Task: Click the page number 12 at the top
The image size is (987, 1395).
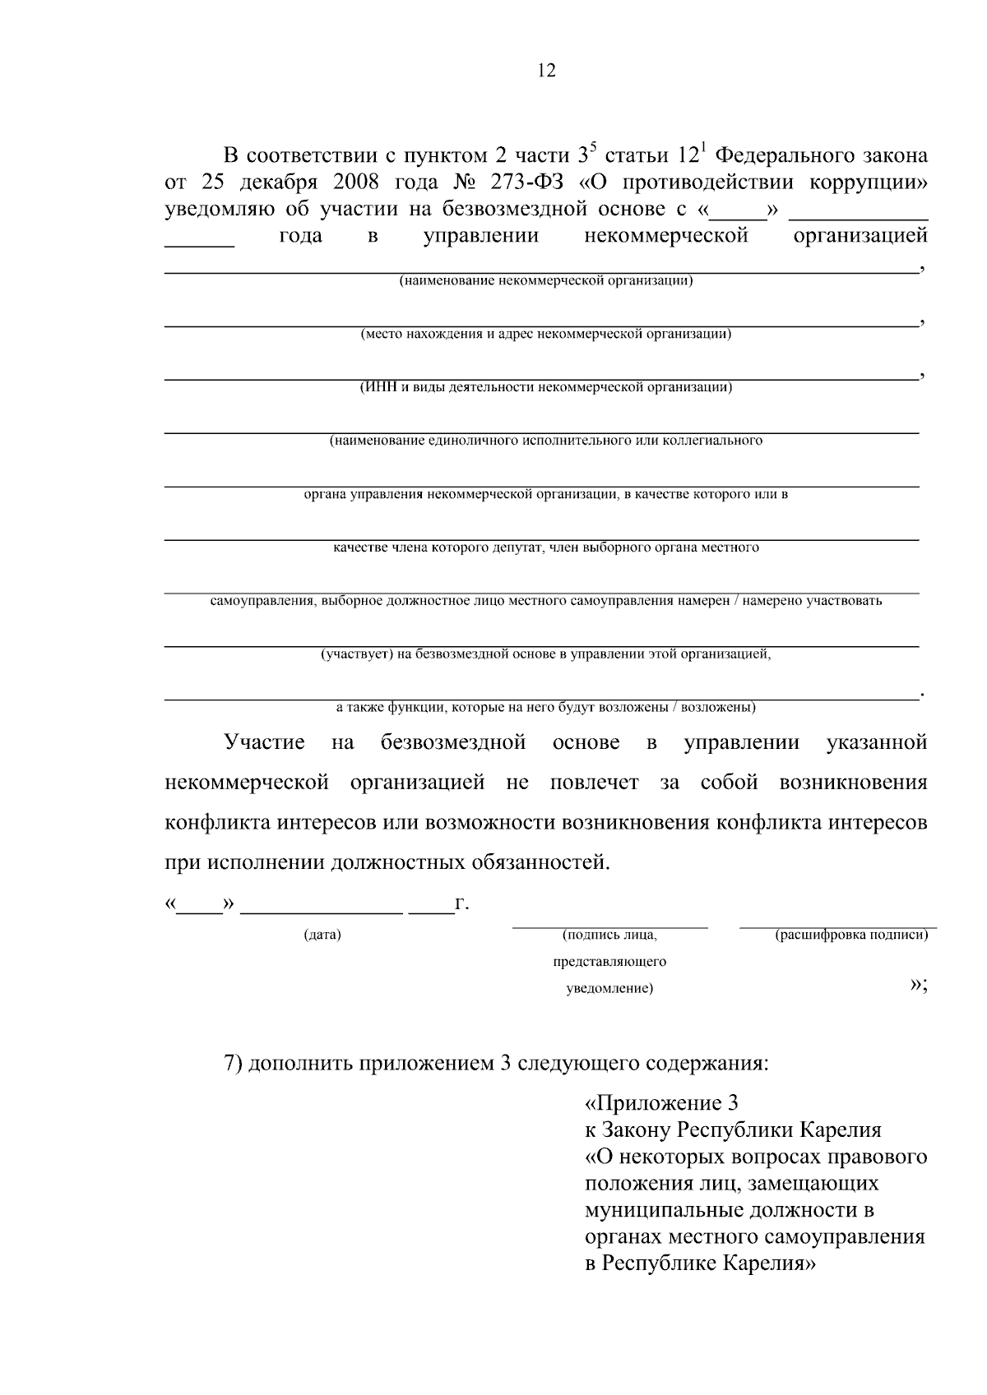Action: [x=546, y=71]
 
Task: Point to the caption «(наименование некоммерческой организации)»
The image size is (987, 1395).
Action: [x=545, y=281]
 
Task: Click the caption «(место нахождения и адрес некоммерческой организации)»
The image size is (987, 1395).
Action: [x=545, y=335]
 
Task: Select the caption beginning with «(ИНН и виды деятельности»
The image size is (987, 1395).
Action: [x=545, y=387]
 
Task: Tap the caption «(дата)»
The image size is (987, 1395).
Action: [x=322, y=935]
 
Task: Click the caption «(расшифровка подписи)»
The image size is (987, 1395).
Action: [x=851, y=935]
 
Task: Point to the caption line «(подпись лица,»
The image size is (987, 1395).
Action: [x=609, y=935]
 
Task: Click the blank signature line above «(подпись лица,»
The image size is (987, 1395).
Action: [x=609, y=927]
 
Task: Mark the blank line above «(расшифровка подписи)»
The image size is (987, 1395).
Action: [x=837, y=927]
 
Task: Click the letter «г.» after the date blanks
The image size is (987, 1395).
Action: [x=462, y=904]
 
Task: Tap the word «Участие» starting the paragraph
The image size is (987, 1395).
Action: [x=264, y=742]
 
